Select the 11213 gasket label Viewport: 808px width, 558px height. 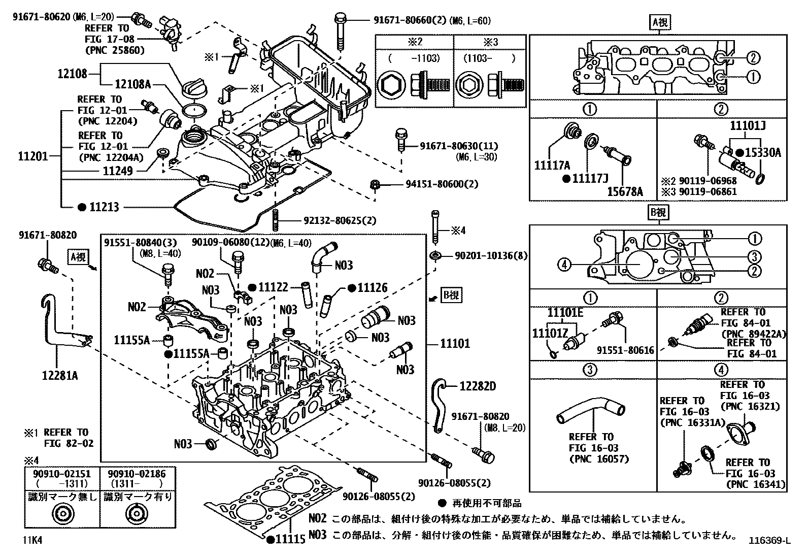[x=105, y=207]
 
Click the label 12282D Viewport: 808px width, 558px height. [x=477, y=386]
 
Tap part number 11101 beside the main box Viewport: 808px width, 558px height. [x=455, y=344]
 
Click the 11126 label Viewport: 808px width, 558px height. [x=372, y=288]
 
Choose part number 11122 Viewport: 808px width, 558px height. [x=274, y=287]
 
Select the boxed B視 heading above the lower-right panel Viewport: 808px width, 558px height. [x=658, y=212]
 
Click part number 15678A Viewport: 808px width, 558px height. [x=625, y=191]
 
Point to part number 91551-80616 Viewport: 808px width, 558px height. [x=625, y=350]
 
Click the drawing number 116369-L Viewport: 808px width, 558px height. [x=770, y=540]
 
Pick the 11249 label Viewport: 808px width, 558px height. [x=117, y=171]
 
